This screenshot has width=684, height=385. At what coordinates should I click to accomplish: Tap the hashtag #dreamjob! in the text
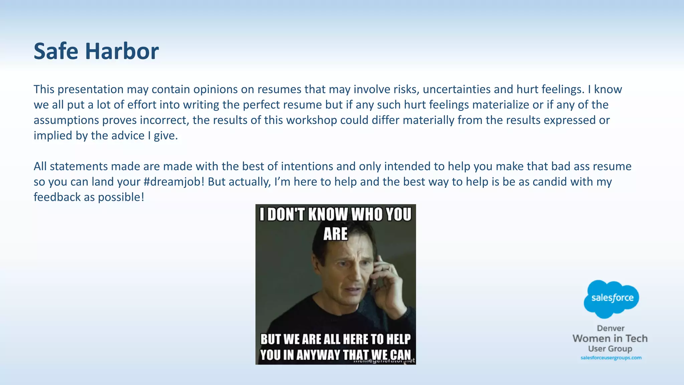click(x=174, y=182)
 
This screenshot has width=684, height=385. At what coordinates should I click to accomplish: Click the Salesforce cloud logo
click(x=612, y=298)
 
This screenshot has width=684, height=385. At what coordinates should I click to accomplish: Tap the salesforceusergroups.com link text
click(x=611, y=358)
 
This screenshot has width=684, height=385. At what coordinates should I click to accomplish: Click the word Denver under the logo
click(x=611, y=328)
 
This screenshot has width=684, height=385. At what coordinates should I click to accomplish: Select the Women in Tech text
click(x=610, y=339)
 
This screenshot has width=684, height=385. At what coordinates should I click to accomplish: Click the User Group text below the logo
click(x=610, y=349)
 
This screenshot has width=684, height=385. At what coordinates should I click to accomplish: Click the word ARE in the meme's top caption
click(x=335, y=234)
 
